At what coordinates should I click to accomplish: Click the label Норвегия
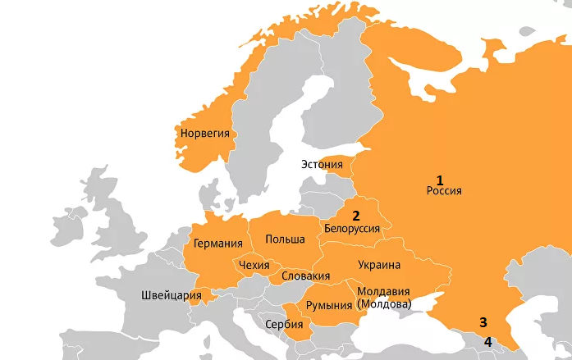(204, 133)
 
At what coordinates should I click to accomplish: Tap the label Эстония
(322, 164)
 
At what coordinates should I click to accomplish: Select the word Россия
(445, 191)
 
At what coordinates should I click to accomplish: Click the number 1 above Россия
(439, 180)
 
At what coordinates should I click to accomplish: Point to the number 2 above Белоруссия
(356, 216)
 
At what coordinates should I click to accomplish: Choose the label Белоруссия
(352, 229)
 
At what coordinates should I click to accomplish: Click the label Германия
(217, 244)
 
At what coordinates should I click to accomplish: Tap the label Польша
(285, 239)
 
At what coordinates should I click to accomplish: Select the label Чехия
(252, 265)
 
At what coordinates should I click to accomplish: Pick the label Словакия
(305, 276)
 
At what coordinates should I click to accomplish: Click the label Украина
(378, 265)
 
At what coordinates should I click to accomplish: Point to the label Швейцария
(171, 295)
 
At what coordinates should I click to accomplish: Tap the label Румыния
(327, 305)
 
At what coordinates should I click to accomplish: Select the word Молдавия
(383, 291)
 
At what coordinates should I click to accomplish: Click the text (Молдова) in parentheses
(383, 303)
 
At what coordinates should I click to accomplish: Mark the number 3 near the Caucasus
(483, 322)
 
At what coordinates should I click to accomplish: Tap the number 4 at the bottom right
(487, 341)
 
